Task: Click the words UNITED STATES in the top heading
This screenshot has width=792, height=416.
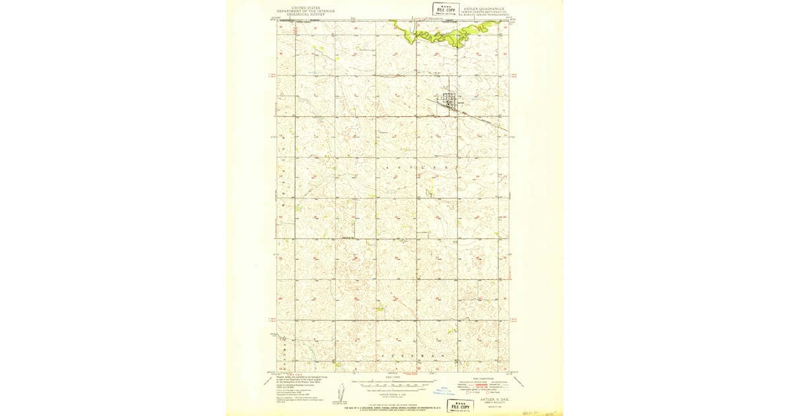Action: pos(306,8)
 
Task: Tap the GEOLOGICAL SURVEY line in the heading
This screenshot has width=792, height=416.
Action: pos(306,15)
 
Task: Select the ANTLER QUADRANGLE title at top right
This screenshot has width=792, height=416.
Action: pos(484,9)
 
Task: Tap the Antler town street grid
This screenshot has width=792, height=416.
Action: pos(450,102)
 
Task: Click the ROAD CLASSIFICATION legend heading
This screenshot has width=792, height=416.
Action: pos(485,378)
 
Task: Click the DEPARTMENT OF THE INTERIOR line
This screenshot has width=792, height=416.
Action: pos(306,11)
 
